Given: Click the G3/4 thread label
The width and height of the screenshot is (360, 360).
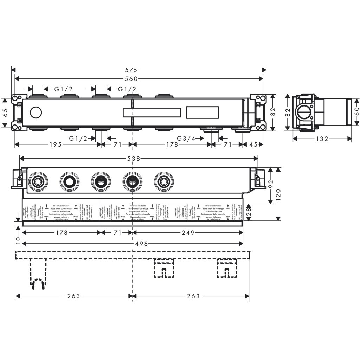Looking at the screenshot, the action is (187, 139).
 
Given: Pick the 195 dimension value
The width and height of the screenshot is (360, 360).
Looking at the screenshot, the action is (56, 144).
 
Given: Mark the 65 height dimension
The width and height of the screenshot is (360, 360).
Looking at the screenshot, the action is (5, 113).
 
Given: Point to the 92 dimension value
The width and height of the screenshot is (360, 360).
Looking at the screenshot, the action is (270, 185).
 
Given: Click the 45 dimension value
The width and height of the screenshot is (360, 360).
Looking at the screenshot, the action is (254, 144).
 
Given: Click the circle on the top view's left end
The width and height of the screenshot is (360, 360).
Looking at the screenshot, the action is (36, 113).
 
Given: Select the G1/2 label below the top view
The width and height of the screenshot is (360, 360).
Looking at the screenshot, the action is (78, 139).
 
